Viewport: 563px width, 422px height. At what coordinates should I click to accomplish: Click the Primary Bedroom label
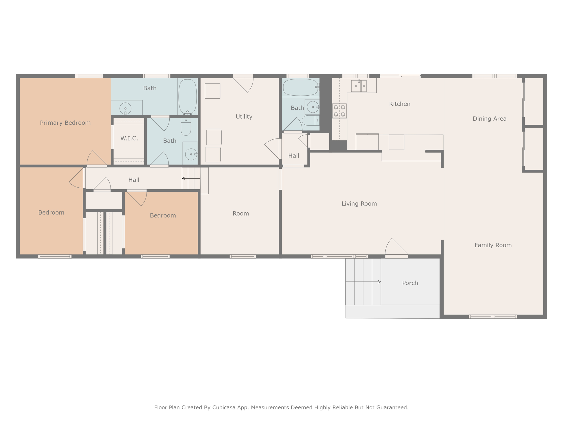65,123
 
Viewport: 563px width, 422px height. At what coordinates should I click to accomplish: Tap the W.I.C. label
129,138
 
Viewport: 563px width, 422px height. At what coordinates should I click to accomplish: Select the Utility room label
244,116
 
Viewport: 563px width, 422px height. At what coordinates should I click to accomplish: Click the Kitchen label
400,104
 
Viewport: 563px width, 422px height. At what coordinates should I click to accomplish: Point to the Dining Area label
490,119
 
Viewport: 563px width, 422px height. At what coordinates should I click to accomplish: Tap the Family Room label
493,245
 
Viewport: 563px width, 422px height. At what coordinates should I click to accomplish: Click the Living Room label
359,204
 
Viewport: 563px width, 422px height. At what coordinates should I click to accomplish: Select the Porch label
410,283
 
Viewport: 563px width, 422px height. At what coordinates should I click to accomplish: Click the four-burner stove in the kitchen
340,111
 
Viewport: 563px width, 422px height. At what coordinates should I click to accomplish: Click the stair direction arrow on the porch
363,282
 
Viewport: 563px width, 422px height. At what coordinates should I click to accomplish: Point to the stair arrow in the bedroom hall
191,179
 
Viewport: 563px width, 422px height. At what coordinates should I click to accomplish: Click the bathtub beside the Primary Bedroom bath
187,97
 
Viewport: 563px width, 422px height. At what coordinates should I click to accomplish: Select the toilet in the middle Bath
186,127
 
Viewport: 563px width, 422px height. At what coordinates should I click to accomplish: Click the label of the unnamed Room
241,213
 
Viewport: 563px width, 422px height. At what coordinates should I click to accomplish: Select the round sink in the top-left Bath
125,109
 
